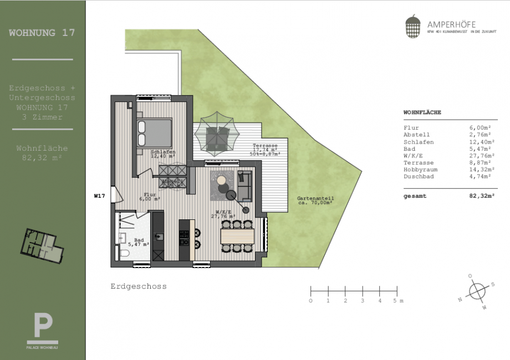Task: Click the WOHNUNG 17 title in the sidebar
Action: point(42,33)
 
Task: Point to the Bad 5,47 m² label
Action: point(138,241)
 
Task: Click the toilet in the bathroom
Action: point(125,254)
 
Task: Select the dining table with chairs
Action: point(238,236)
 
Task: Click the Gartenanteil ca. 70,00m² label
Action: point(315,200)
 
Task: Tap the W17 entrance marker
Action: point(100,196)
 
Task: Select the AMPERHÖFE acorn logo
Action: point(412,27)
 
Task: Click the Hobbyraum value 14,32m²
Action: point(481,171)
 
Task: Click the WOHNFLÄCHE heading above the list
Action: point(422,112)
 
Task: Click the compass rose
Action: point(475,291)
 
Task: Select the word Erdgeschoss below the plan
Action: point(139,286)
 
